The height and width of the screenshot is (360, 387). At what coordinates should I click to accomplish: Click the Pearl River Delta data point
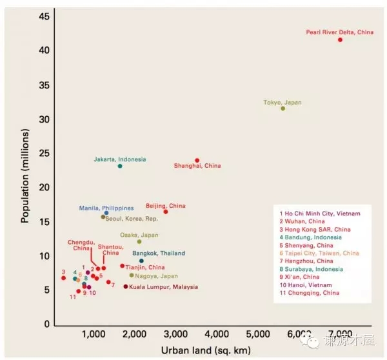point(340,40)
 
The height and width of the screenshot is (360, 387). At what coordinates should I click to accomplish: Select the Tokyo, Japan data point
point(283,108)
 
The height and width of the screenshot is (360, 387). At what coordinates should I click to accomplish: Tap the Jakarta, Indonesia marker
point(120,166)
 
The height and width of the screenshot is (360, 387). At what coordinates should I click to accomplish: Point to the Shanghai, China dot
point(197,160)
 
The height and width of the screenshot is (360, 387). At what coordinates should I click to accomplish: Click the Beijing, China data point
point(166,212)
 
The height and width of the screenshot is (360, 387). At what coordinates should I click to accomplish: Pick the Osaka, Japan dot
point(139,242)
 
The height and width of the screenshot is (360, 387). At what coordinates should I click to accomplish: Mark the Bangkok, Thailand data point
point(141,261)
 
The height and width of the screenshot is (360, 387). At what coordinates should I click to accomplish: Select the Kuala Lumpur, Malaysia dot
point(126,286)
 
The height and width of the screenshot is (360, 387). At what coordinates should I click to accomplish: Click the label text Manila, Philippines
point(106,208)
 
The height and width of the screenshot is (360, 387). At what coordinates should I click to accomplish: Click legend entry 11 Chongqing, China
point(310,293)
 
